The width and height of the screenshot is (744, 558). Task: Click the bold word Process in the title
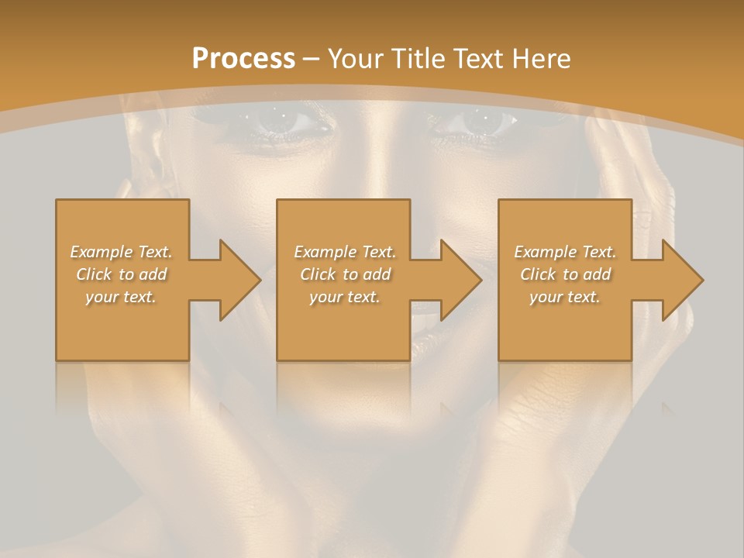click(243, 59)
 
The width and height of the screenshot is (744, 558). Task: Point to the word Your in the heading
click(356, 59)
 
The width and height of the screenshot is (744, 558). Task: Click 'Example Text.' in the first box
click(122, 252)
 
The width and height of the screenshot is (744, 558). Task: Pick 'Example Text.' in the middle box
click(345, 252)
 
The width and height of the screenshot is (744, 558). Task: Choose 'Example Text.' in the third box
click(565, 252)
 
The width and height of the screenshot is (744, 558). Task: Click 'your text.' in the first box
click(122, 297)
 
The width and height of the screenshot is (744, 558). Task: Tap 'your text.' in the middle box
click(345, 297)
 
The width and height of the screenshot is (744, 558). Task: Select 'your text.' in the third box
click(565, 297)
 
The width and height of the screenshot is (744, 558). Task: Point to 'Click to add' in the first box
click(122, 274)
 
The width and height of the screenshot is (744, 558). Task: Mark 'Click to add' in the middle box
click(345, 274)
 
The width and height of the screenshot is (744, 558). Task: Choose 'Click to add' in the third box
click(565, 274)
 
